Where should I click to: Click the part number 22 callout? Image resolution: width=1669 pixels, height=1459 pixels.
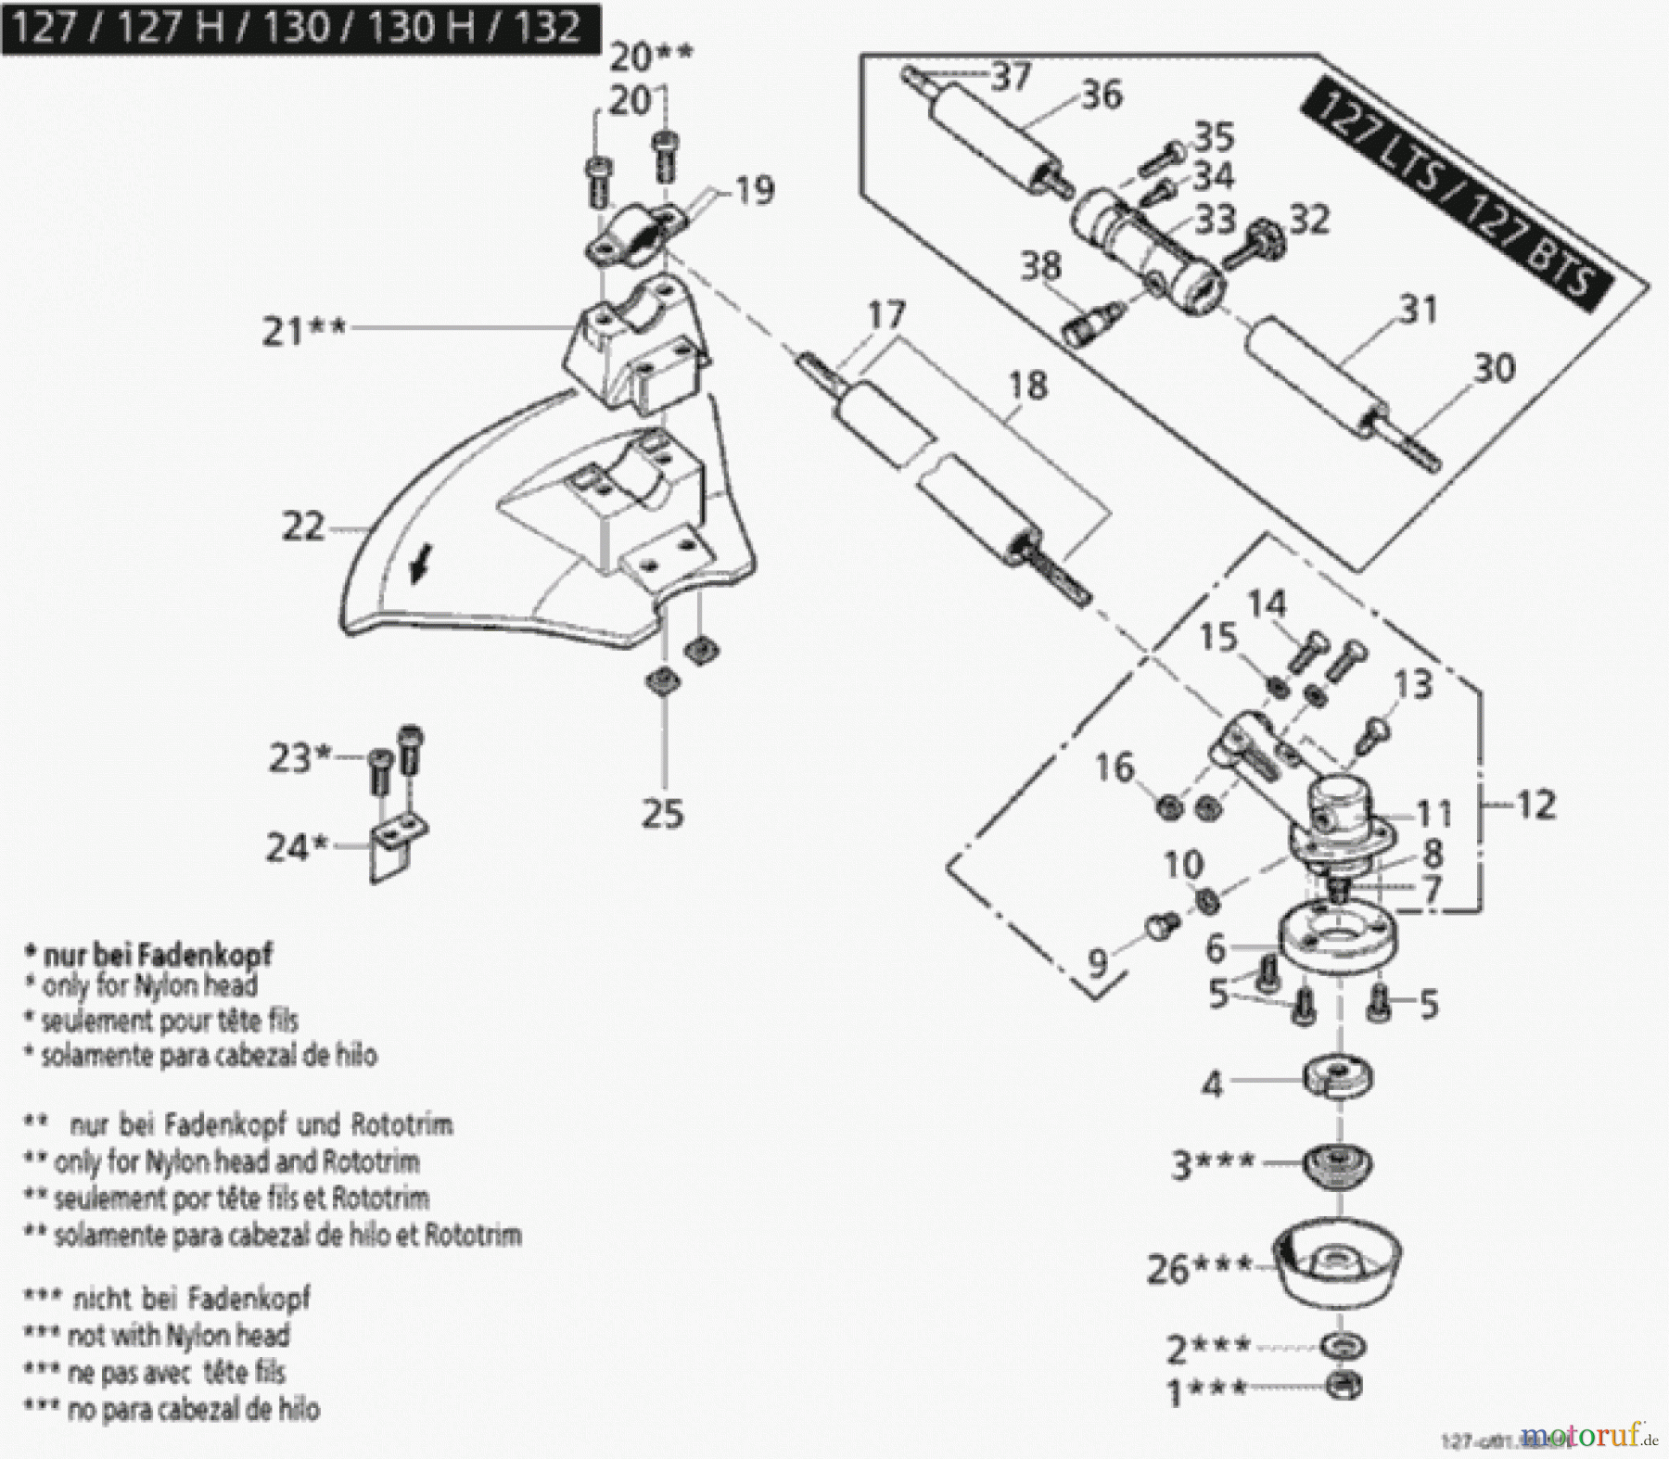tap(302, 528)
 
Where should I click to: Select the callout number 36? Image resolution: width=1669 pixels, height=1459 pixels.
tap(1101, 95)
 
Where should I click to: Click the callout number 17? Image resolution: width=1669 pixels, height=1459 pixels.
tap(885, 315)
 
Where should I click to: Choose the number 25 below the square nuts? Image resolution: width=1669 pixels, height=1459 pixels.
tap(662, 815)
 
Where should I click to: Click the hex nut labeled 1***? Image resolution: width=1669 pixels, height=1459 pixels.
tap(1343, 1386)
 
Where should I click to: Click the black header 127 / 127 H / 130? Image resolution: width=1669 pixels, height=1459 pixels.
tap(299, 28)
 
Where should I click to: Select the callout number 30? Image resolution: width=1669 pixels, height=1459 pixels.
tap(1494, 369)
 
